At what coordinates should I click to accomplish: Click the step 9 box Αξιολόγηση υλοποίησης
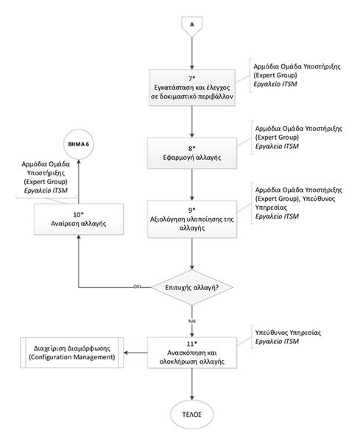click(192, 219)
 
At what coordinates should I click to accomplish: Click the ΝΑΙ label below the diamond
click(192, 321)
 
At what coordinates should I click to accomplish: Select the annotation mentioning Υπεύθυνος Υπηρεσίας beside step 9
click(284, 202)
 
